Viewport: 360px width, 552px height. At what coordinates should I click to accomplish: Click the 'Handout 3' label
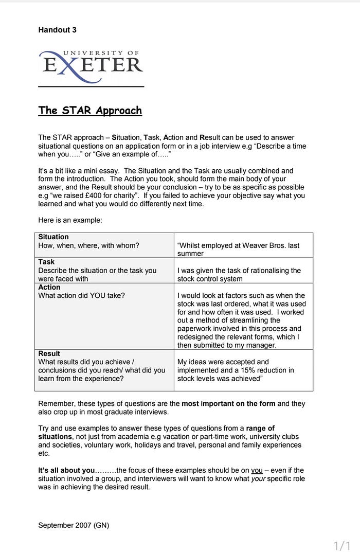pos(57,30)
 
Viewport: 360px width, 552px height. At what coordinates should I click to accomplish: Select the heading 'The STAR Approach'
pos(90,110)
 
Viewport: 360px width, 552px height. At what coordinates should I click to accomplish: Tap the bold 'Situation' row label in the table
pos(53,237)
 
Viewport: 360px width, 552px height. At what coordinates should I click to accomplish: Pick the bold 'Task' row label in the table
pos(46,262)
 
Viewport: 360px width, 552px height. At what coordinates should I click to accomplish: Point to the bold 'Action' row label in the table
pos(49,287)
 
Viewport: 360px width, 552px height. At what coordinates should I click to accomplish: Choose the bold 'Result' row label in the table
pos(49,353)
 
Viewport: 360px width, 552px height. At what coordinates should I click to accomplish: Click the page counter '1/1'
pos(341,545)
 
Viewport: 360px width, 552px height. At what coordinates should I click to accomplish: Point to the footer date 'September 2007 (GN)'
pos(74,525)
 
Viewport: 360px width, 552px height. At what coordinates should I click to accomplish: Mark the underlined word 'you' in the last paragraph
pos(257,470)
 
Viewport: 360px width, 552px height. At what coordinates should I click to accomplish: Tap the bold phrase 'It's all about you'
pos(67,470)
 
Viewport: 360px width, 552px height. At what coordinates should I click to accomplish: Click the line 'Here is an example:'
pos(70,220)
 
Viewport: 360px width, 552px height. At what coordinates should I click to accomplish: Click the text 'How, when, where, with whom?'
pos(88,245)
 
